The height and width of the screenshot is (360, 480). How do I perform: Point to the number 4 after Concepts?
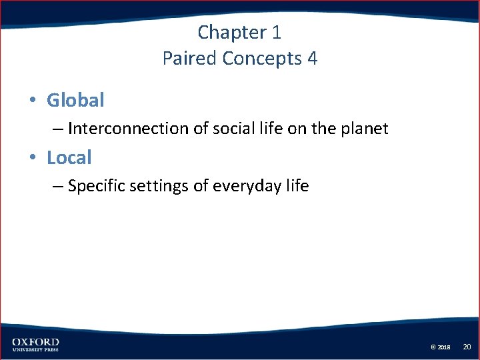[x=312, y=59]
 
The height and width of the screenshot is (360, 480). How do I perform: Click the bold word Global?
[x=75, y=101]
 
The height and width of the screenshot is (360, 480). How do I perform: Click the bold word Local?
[x=69, y=158]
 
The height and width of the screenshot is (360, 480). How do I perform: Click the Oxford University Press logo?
[x=35, y=344]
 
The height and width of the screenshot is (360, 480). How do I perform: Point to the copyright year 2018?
[x=445, y=347]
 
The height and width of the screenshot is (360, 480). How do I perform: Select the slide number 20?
[x=467, y=347]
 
